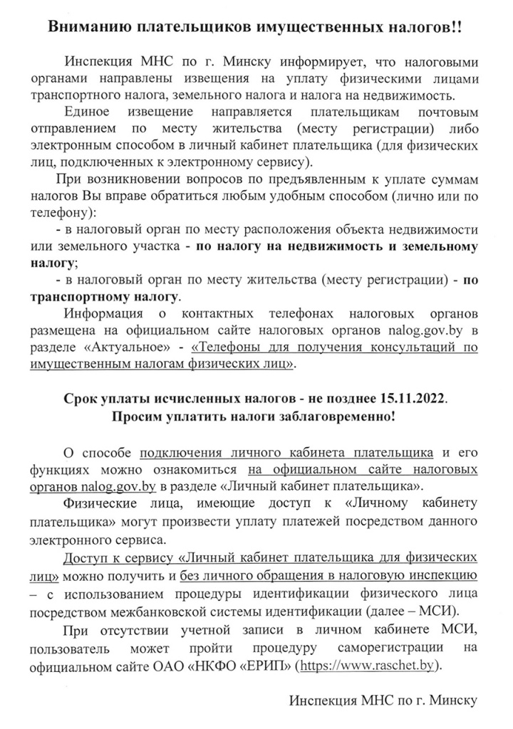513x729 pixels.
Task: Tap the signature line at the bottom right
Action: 383,701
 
